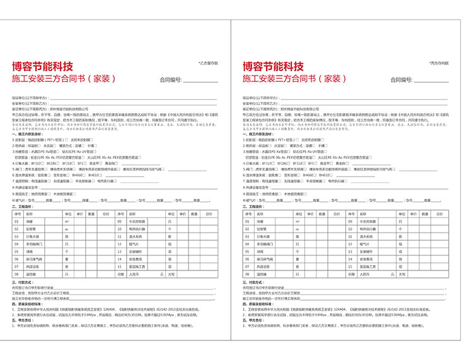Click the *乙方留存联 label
(x=209, y=63)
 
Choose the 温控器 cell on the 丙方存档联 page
(x=262, y=274)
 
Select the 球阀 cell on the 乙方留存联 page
(x=30, y=252)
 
